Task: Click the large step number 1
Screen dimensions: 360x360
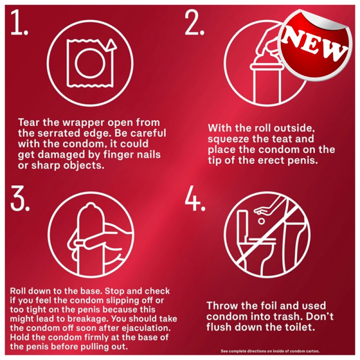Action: pos(19,22)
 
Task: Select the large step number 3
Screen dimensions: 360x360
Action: pos(20,198)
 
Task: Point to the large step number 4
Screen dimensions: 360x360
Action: pos(195,198)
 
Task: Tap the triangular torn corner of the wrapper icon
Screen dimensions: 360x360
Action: pos(112,45)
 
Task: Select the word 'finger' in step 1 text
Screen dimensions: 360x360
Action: pos(116,154)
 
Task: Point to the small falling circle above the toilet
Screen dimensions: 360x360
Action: pos(261,221)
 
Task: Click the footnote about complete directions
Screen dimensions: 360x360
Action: pos(270,351)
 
